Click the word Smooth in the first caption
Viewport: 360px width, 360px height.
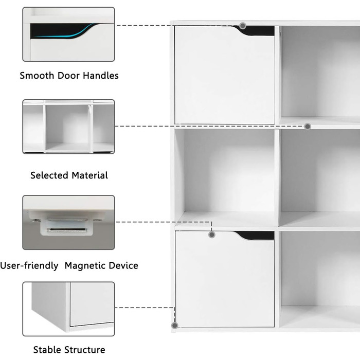[x=37, y=76]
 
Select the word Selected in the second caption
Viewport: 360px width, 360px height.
[x=49, y=175]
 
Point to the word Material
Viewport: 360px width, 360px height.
[x=90, y=175]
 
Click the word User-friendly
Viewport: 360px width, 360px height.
[x=29, y=266]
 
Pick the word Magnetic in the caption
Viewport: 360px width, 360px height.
[x=85, y=266]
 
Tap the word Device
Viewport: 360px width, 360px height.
[x=123, y=266]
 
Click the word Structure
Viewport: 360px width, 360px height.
[x=84, y=350]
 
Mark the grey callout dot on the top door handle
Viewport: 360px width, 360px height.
[x=243, y=26]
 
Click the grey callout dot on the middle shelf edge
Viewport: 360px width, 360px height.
[x=308, y=127]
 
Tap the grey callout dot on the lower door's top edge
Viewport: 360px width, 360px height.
[x=212, y=235]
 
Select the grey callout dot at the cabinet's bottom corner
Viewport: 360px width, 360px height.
[x=175, y=326]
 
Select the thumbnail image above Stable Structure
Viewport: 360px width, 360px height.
[x=68, y=309]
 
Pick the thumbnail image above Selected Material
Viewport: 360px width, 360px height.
[x=68, y=127]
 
